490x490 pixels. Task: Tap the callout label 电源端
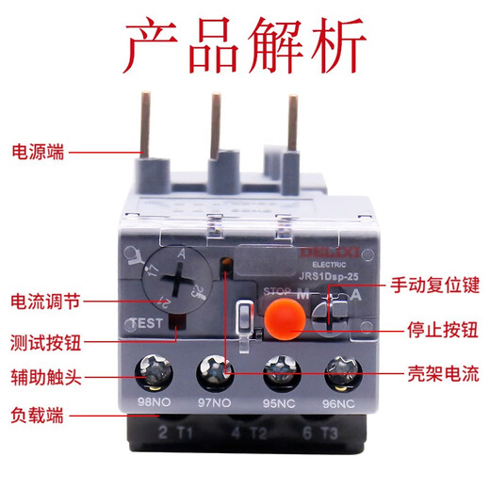coord(38,151)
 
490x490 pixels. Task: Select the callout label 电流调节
coord(45,302)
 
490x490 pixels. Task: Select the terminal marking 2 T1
coord(169,434)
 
